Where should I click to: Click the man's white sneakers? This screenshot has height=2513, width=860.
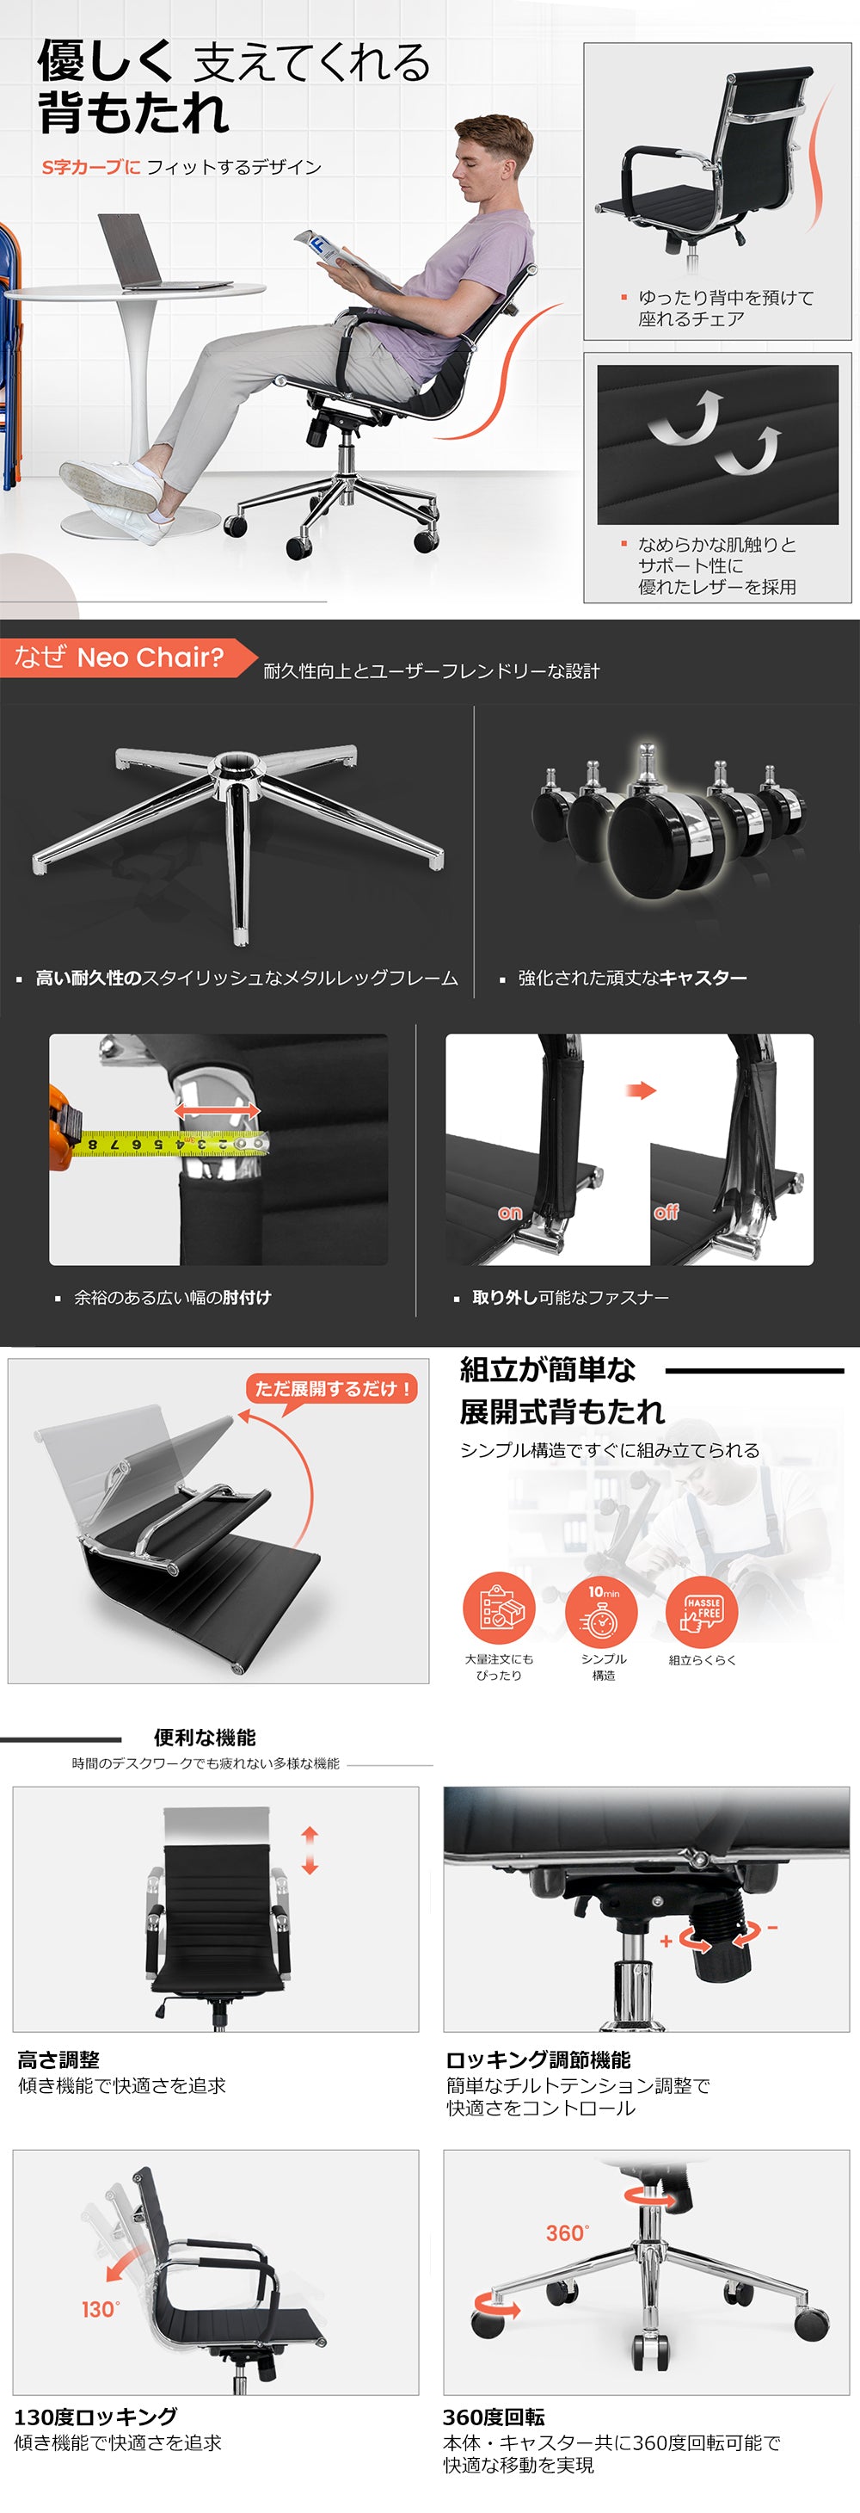pos(117,492)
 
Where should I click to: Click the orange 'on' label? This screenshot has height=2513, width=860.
pos(510,1213)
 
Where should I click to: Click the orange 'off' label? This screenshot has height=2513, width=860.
pos(666,1212)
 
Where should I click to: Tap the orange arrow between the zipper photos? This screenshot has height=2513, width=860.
pos(641,1090)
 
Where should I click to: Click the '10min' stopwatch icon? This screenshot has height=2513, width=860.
pos(602,1615)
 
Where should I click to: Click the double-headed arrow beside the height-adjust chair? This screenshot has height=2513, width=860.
pos(310,1850)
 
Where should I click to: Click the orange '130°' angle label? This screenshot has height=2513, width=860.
pos(101,2309)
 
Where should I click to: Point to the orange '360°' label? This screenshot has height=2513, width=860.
pos(567,2233)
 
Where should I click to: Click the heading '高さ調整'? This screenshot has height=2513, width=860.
pos(58,2059)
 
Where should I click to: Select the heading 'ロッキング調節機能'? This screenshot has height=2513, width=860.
pos(538,2059)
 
